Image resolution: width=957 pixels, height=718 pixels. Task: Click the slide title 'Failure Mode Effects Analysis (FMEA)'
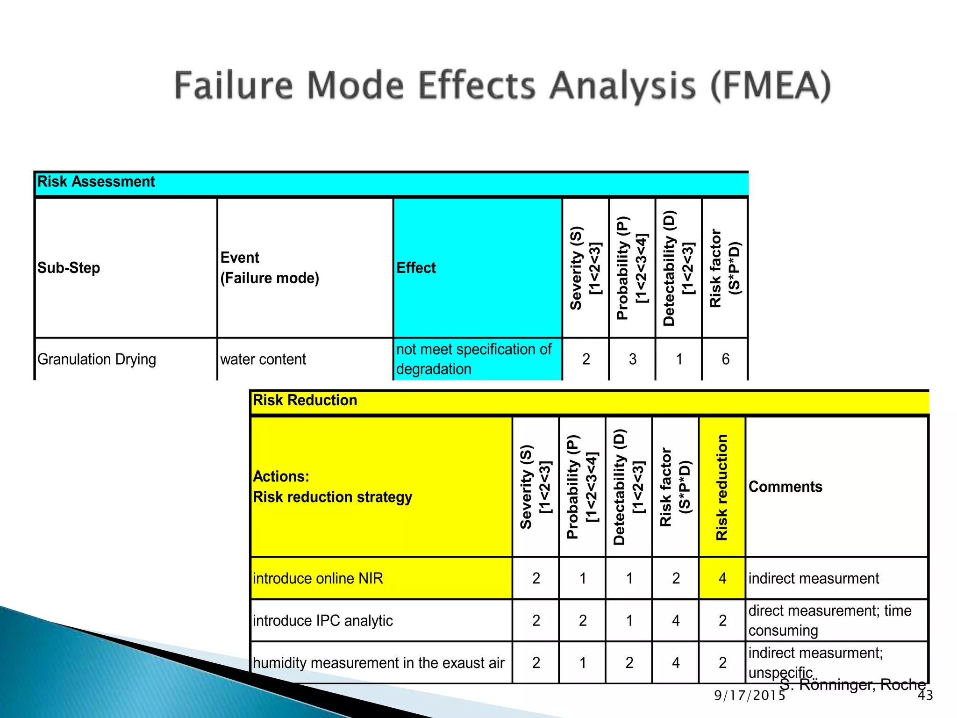click(x=502, y=86)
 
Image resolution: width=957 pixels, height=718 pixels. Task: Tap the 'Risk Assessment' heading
click(x=96, y=181)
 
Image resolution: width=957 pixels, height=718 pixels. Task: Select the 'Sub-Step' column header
click(x=69, y=268)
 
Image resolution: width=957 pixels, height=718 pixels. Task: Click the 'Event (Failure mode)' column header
click(x=270, y=268)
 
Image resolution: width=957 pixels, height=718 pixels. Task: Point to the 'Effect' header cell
click(x=416, y=268)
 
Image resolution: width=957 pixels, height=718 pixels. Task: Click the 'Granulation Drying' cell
click(x=97, y=359)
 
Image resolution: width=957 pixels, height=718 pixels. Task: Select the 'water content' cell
click(x=263, y=359)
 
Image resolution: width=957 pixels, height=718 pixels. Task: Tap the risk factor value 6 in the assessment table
click(x=725, y=359)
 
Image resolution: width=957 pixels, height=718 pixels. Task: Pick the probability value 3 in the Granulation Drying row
click(x=632, y=359)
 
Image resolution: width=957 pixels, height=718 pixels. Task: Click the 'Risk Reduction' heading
click(x=305, y=401)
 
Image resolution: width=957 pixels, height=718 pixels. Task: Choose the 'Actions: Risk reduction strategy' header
click(x=332, y=487)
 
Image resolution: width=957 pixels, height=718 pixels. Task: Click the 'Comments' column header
click(x=785, y=487)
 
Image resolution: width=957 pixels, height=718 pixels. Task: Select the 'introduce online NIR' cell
click(x=318, y=578)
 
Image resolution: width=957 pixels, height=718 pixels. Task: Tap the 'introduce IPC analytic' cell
click(x=323, y=621)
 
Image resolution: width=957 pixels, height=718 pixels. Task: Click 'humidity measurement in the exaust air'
click(x=379, y=663)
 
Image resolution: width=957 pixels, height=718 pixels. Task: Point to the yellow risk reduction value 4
click(x=722, y=578)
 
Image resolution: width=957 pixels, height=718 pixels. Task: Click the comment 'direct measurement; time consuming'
click(x=829, y=620)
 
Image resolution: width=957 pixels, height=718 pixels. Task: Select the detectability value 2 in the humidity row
click(x=629, y=663)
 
